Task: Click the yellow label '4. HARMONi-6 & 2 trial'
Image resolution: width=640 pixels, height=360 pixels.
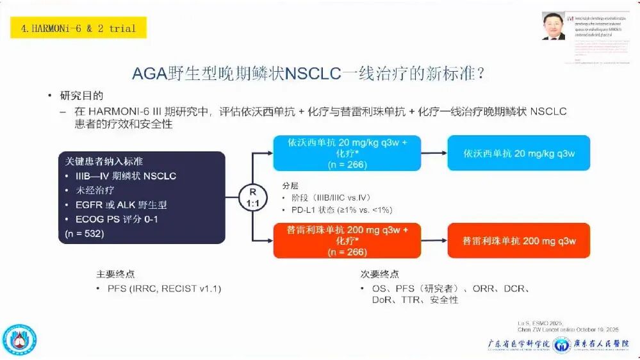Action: coord(78,28)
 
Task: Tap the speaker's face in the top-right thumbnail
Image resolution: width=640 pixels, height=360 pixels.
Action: coord(553,25)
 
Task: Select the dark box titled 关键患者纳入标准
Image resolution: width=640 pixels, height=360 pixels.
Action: coord(140,197)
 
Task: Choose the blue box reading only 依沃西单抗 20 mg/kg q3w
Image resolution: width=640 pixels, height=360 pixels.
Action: coord(518,153)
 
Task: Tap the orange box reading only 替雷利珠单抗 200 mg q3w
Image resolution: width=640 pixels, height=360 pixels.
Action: coord(518,240)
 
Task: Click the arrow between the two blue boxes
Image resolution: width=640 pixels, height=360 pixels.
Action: coord(434,153)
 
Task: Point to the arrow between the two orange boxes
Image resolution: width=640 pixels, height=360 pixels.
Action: coord(434,240)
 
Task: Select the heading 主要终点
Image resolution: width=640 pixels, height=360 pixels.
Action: coord(115,274)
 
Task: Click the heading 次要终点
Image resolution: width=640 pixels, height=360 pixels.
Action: coord(379,274)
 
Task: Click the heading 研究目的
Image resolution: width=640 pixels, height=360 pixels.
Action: coord(81,96)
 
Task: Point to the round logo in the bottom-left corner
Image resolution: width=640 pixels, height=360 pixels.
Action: coord(19,340)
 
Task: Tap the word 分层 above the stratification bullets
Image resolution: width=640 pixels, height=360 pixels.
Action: coord(290,185)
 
